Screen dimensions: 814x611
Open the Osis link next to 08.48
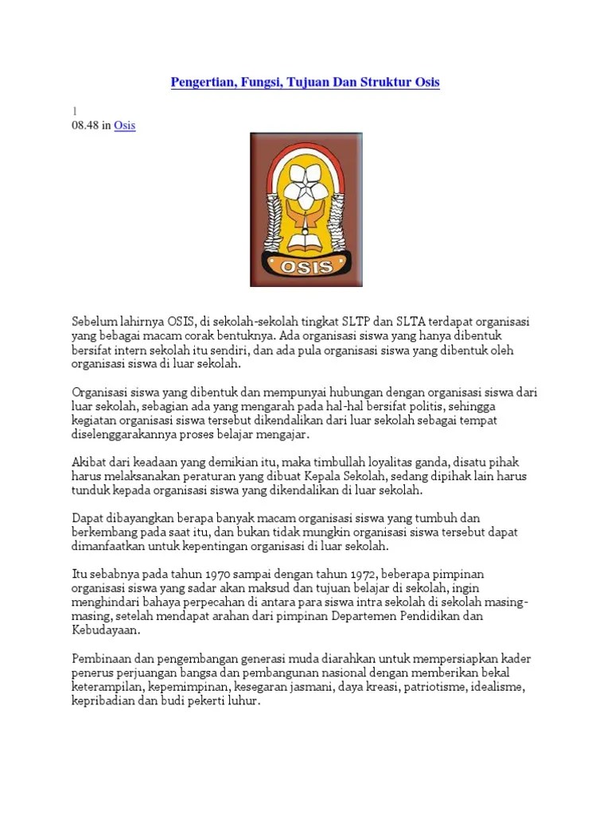click(x=125, y=126)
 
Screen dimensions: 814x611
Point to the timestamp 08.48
click(x=86, y=126)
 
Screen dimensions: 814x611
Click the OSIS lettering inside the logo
click(x=305, y=266)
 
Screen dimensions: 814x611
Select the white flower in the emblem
click(x=305, y=187)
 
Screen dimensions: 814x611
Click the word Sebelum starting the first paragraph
click(x=93, y=320)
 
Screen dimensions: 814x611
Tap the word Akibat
click(x=89, y=463)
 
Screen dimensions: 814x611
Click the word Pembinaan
click(x=101, y=660)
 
